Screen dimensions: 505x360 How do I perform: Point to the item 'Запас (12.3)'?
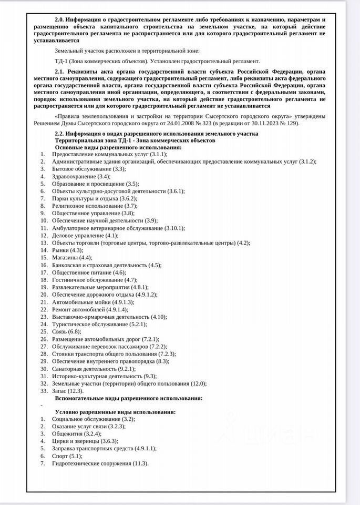(x=67, y=391)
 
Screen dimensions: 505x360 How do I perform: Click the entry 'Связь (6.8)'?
(x=66, y=332)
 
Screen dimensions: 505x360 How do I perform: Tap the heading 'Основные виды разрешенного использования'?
(x=118, y=147)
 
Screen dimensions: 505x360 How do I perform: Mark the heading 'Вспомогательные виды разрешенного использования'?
(x=129, y=398)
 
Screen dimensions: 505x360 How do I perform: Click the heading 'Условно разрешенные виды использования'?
(x=115, y=411)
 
